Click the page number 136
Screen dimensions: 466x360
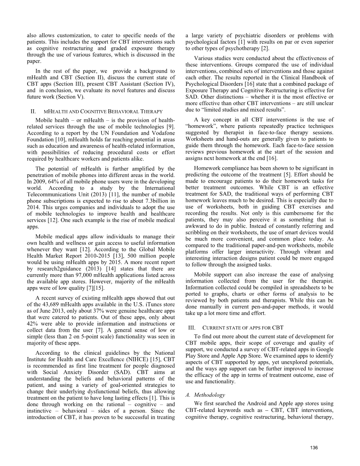(314, 448)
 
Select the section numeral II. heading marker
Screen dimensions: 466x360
(33, 112)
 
